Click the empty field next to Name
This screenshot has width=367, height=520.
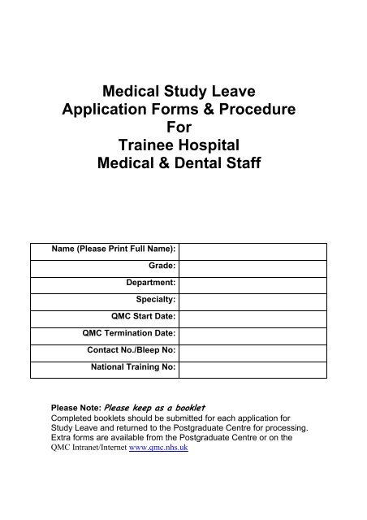tap(253, 247)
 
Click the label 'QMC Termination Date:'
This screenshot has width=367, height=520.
tap(129, 333)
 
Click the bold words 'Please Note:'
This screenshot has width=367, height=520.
tap(76, 408)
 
